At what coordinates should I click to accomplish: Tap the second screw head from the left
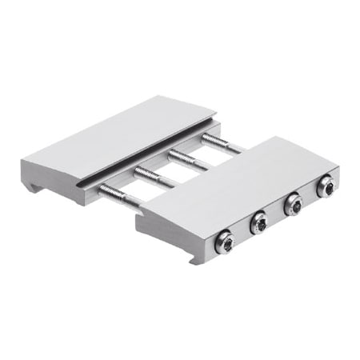click(x=258, y=223)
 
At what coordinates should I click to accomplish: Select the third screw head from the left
click(x=293, y=206)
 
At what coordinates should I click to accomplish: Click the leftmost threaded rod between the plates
click(x=118, y=196)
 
